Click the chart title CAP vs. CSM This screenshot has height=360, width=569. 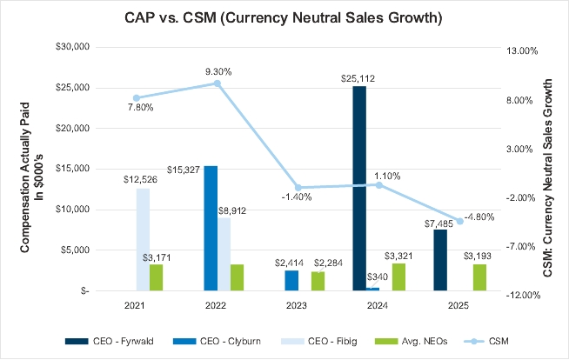pyautogui.click(x=284, y=17)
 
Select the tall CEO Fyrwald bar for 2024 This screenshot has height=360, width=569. pyautogui.click(x=359, y=188)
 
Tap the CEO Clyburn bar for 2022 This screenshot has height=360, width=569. pyautogui.click(x=211, y=228)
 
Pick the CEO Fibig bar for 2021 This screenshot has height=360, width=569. pyautogui.click(x=143, y=239)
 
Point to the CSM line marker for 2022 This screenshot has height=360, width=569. pyautogui.click(x=218, y=83)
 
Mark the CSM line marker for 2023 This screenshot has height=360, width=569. pyautogui.click(x=298, y=188)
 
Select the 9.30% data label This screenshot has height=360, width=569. pyautogui.click(x=218, y=71)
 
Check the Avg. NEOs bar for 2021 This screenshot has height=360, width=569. pyautogui.click(x=156, y=277)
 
